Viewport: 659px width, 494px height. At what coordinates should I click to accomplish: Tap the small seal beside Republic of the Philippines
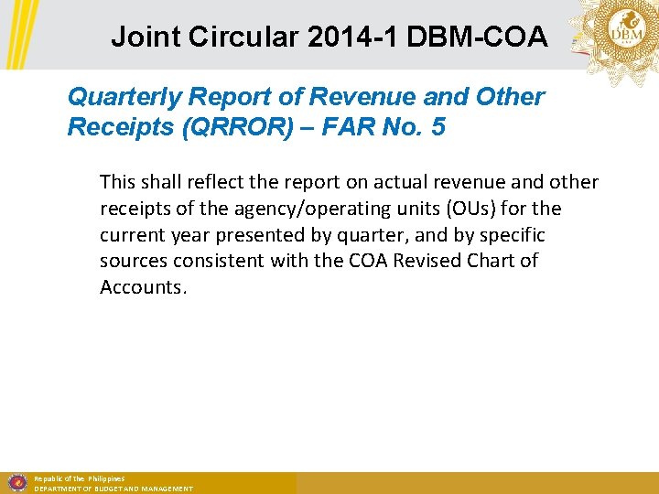click(16, 482)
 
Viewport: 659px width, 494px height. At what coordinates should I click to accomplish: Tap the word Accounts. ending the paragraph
click(143, 286)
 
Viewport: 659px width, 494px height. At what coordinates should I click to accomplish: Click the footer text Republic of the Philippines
click(79, 478)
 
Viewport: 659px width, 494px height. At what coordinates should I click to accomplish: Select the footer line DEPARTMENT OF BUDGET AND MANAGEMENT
click(113, 489)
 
